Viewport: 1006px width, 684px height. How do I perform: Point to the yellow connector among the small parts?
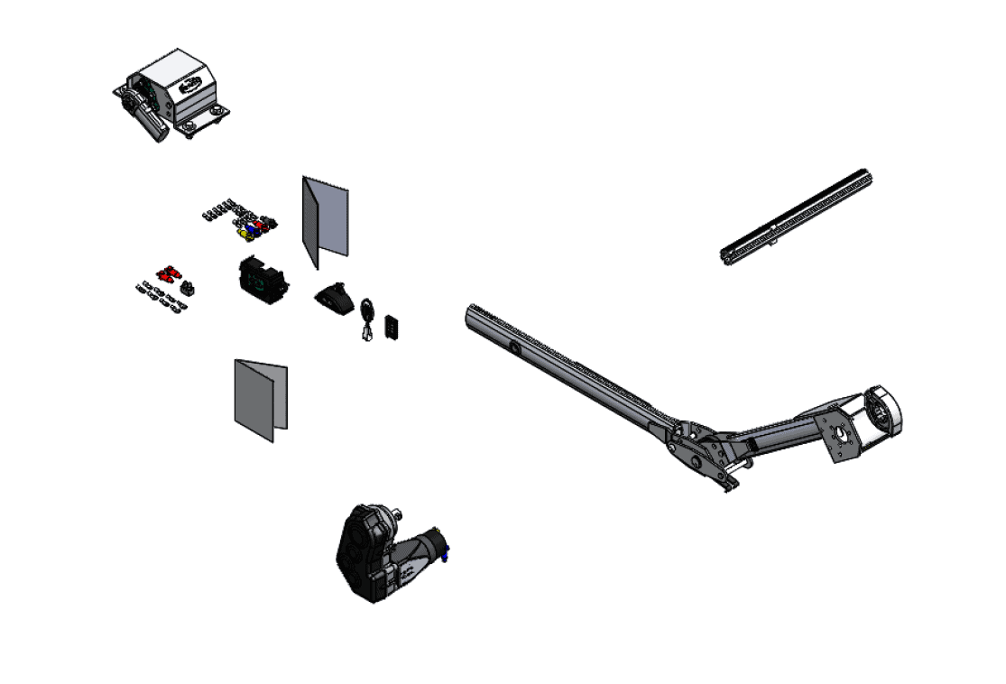[242, 233]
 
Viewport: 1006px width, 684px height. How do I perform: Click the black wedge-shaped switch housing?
[336, 297]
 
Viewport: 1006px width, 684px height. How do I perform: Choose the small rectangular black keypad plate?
[393, 327]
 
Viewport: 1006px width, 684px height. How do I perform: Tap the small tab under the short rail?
[775, 242]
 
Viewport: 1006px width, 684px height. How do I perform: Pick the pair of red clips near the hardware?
[169, 271]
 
